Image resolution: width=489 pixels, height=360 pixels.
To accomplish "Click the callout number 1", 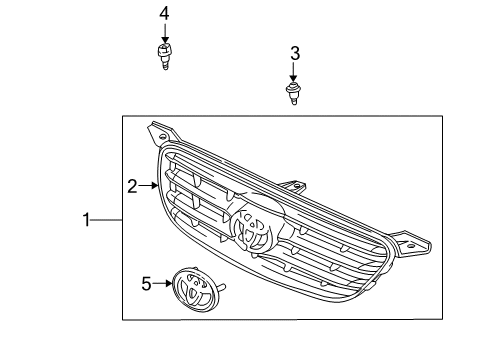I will click(x=87, y=218).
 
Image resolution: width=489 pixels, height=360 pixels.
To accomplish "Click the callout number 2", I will click(x=132, y=185).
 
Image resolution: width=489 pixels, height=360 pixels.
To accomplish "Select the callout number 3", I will click(x=294, y=52).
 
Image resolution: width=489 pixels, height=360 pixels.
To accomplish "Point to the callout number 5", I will click(x=146, y=284).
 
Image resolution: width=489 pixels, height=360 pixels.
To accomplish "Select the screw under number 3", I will click(x=294, y=95).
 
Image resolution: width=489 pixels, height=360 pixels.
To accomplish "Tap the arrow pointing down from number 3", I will click(x=294, y=73).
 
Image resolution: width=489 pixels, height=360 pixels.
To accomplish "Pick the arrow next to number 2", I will click(x=150, y=185).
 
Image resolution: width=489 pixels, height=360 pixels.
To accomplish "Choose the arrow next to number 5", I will click(x=163, y=284).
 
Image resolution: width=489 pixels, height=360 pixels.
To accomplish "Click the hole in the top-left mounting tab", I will click(x=154, y=129).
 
